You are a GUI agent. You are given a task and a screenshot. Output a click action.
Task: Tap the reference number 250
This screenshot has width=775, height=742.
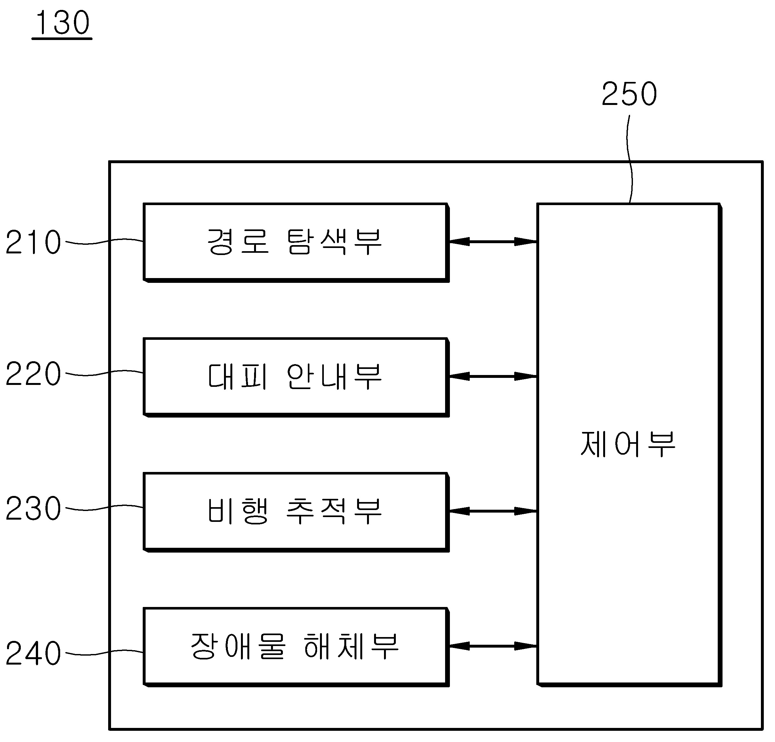pos(629,94)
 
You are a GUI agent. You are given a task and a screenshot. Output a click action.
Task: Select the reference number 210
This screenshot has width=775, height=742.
pos(33,242)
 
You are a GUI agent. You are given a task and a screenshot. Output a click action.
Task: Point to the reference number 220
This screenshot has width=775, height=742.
pos(33,374)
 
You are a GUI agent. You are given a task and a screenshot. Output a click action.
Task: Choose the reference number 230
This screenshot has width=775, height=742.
pos(33,508)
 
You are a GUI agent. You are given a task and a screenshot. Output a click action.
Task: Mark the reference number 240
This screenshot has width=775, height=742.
pos(33,653)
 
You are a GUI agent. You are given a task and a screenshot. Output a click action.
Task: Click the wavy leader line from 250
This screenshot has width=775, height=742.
pos(629,158)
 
